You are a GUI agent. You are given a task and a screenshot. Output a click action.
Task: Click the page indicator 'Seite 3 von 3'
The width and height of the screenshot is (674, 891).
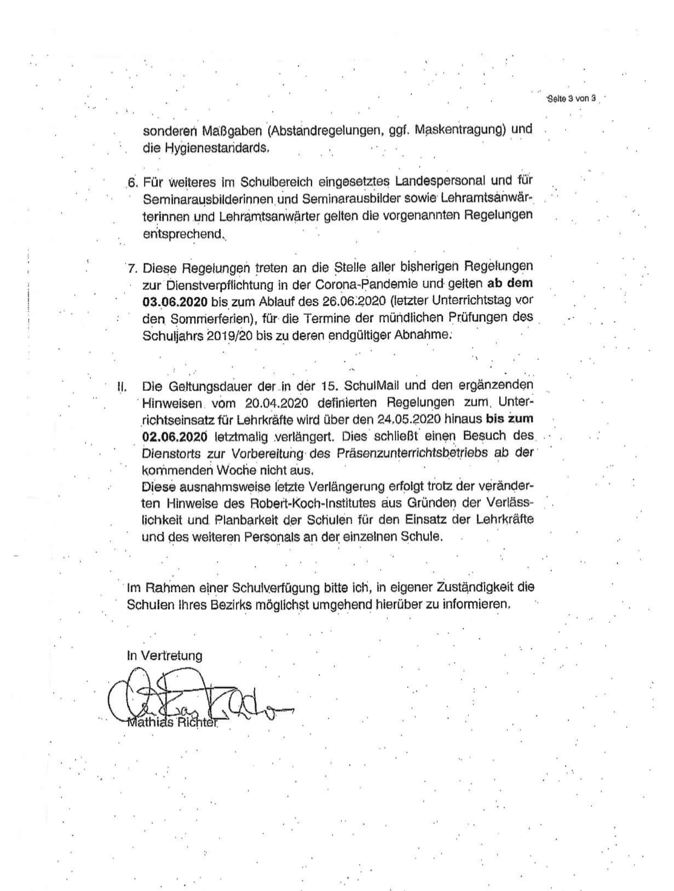571,98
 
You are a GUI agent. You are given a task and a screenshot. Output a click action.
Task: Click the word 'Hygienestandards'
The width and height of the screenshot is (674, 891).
205,147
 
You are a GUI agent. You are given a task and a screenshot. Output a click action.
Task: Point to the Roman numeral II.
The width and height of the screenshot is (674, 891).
121,386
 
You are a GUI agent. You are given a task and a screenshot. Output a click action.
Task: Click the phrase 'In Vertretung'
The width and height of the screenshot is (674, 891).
165,656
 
